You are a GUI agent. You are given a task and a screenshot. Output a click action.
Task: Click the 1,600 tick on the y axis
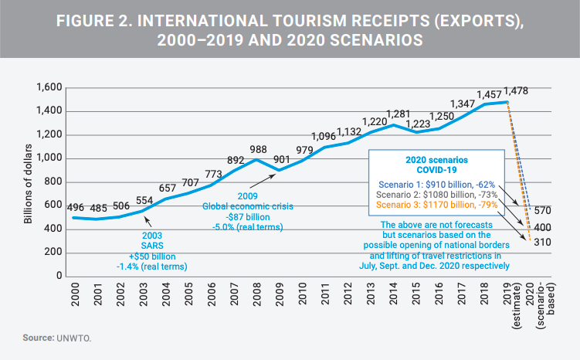click(49, 87)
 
